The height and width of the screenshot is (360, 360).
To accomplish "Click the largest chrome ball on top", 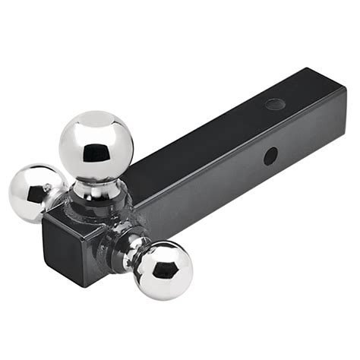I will click(96, 145).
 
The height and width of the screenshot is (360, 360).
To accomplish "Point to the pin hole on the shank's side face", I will click(270, 157).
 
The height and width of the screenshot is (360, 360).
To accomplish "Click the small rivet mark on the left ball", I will click(47, 188).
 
